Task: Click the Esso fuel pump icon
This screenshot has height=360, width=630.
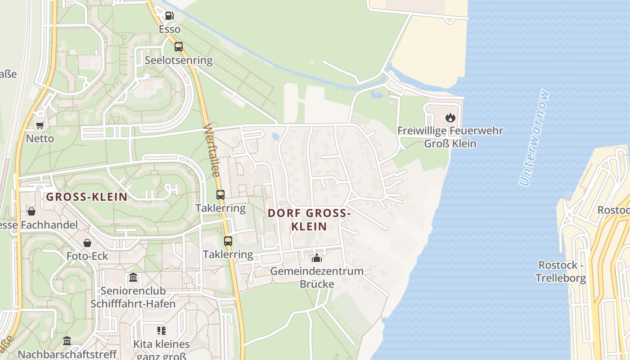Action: click(x=169, y=16)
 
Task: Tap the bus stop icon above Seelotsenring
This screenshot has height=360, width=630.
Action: click(x=179, y=47)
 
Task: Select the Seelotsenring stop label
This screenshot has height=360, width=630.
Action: click(x=179, y=60)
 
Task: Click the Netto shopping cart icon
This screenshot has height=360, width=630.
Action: click(x=40, y=126)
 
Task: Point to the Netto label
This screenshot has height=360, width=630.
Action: click(x=40, y=139)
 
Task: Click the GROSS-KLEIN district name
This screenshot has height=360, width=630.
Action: click(x=87, y=197)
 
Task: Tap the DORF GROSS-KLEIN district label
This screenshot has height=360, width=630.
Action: click(x=309, y=220)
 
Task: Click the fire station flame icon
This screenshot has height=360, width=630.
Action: click(x=450, y=118)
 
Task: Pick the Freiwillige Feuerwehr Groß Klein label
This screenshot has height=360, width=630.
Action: click(x=450, y=137)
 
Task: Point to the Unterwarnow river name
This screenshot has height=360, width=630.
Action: click(x=534, y=138)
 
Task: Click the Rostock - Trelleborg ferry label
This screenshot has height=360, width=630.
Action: click(x=561, y=271)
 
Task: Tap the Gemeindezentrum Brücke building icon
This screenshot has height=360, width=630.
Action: click(x=317, y=258)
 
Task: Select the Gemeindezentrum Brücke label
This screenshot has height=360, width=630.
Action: click(x=317, y=277)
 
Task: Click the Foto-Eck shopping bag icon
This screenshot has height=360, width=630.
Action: click(x=87, y=243)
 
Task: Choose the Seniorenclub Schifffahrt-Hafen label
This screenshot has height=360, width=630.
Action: click(x=133, y=297)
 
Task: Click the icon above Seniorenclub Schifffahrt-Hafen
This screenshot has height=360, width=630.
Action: click(x=133, y=277)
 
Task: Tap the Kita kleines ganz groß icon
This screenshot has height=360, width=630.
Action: click(x=162, y=331)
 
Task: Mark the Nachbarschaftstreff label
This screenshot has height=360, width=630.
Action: click(x=67, y=354)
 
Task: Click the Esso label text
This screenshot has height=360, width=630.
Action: click(x=170, y=29)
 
